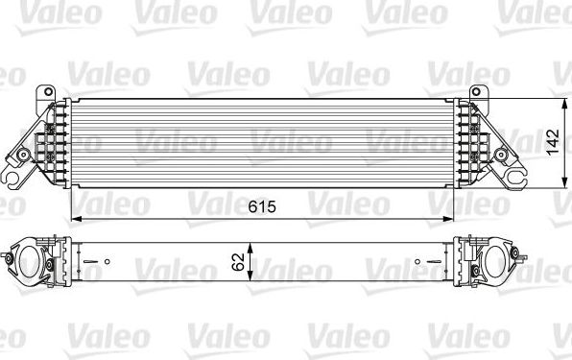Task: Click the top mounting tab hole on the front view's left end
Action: (41, 92)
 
